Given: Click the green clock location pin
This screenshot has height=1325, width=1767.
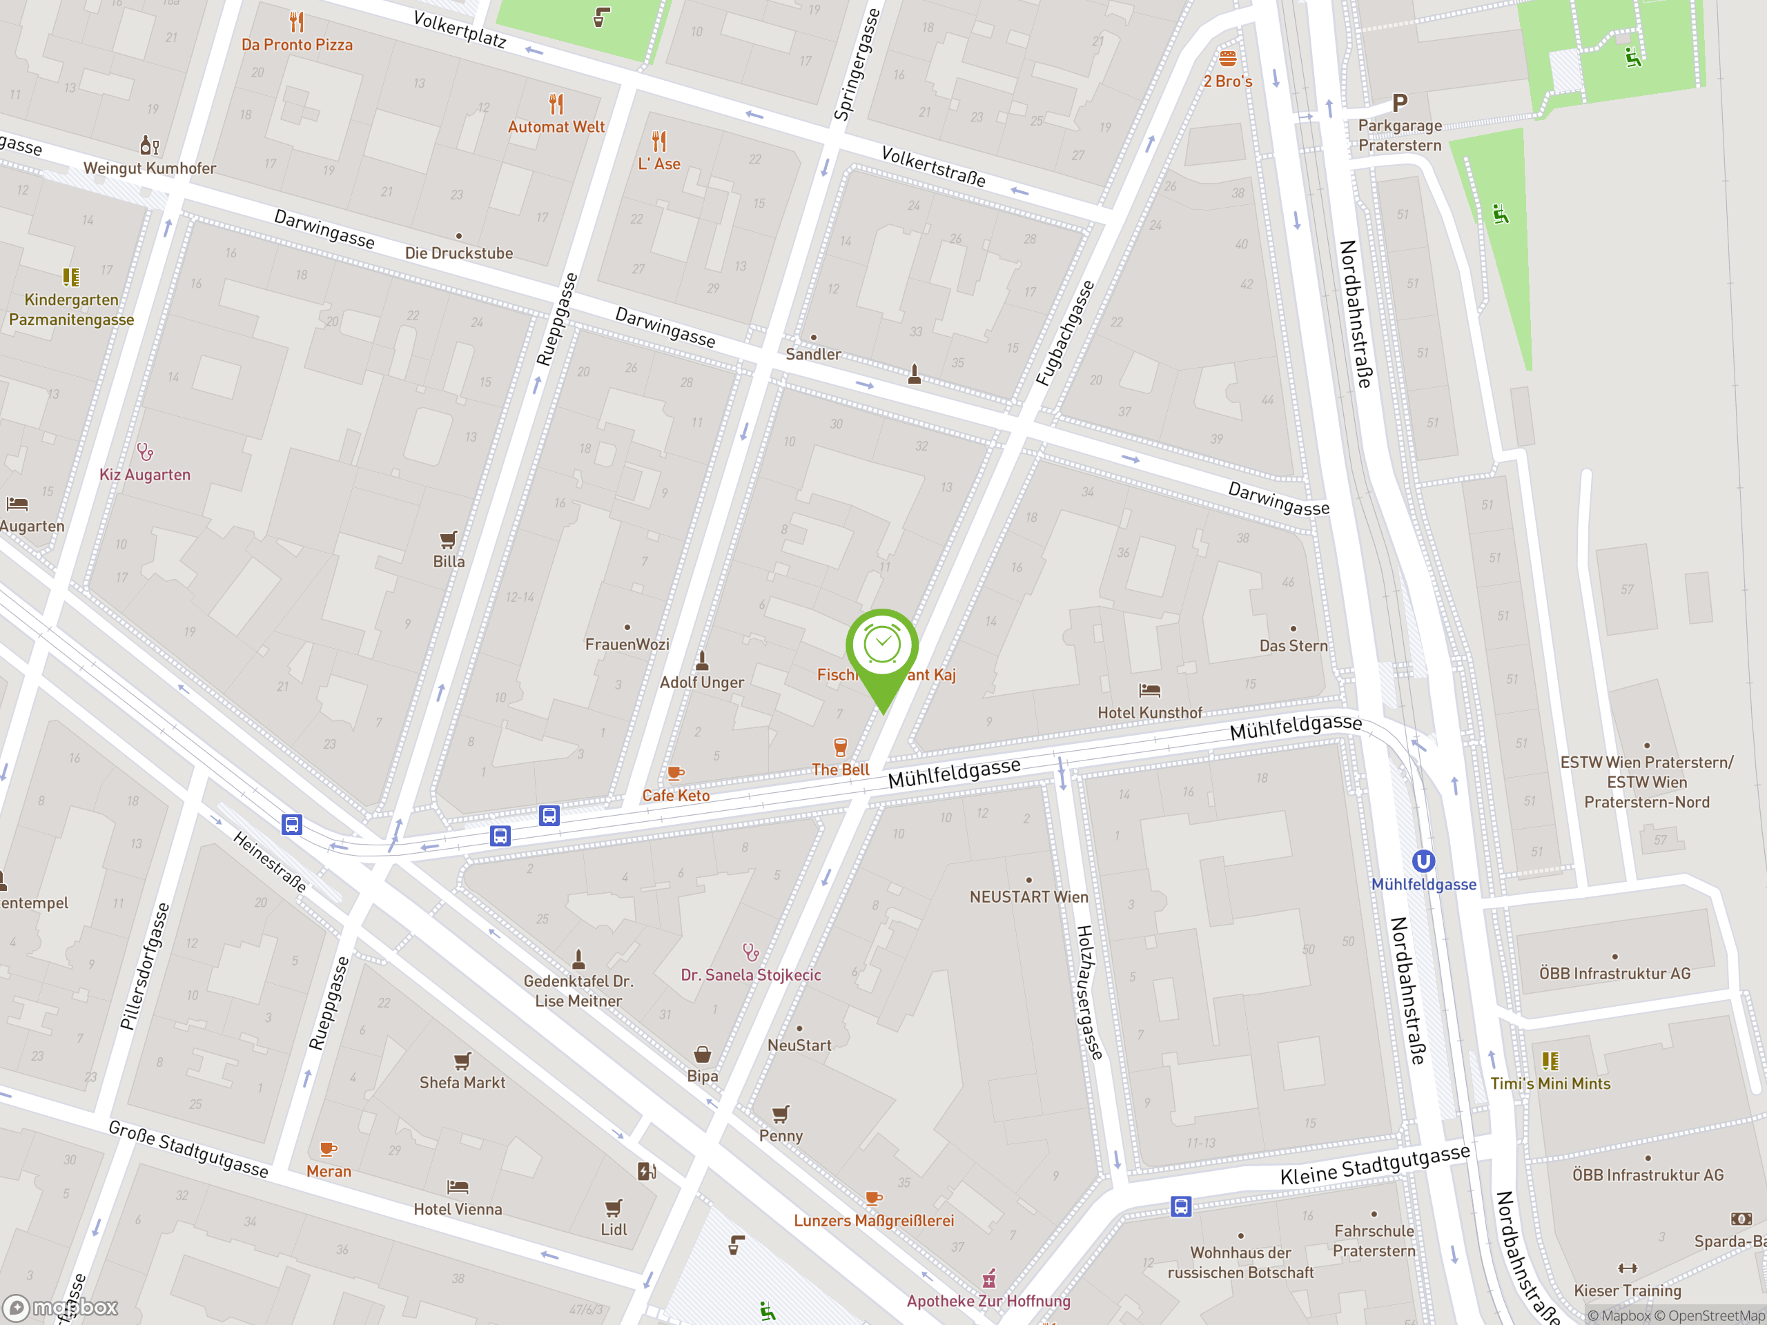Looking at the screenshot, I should [882, 647].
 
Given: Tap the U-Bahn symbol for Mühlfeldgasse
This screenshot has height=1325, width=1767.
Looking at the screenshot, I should [1423, 861].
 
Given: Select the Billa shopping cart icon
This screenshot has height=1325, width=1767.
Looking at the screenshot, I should [448, 539].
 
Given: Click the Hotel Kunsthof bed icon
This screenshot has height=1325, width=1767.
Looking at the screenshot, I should [1149, 690].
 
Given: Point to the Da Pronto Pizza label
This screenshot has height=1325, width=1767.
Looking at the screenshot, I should [297, 45].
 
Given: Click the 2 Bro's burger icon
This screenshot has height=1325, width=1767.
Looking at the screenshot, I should [1228, 58].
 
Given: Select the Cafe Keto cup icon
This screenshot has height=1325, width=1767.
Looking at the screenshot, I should [675, 772].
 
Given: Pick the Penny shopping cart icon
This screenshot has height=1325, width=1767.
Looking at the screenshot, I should [781, 1113].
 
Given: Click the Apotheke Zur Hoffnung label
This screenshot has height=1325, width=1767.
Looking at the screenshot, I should [988, 1300].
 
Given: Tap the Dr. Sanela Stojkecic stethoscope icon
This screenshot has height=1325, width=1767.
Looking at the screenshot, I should [750, 952].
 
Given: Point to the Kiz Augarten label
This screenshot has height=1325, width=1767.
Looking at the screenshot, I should [144, 474].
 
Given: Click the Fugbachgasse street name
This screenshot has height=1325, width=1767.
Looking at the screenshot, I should [1065, 333].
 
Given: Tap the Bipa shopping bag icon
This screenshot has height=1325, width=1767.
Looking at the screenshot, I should [702, 1054].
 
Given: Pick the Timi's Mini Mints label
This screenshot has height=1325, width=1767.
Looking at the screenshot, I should [1550, 1083].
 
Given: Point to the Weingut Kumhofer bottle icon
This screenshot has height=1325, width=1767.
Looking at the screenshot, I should [148, 146].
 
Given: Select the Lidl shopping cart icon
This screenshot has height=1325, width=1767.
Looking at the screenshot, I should [614, 1207].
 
